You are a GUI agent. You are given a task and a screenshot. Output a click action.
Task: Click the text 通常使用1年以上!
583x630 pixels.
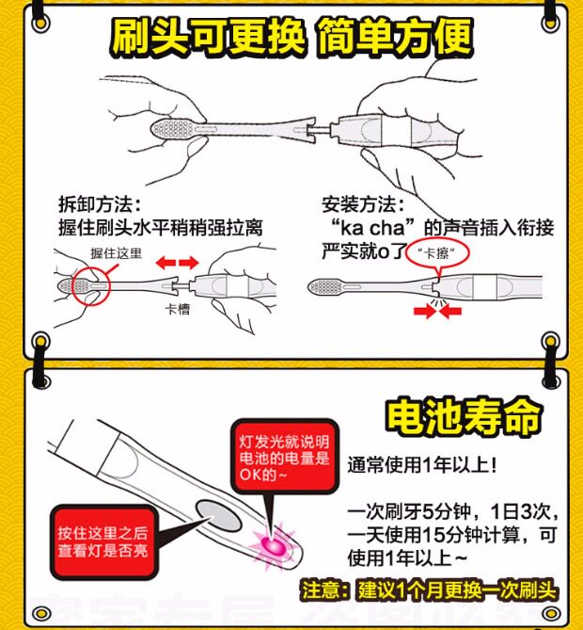coord(422,466)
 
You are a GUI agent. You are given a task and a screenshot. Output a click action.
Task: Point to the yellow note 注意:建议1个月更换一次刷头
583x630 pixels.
coord(431,592)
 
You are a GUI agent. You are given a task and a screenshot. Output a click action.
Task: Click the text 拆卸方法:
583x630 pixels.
coord(99,205)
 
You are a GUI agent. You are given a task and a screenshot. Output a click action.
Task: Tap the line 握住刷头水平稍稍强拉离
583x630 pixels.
coord(160,227)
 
